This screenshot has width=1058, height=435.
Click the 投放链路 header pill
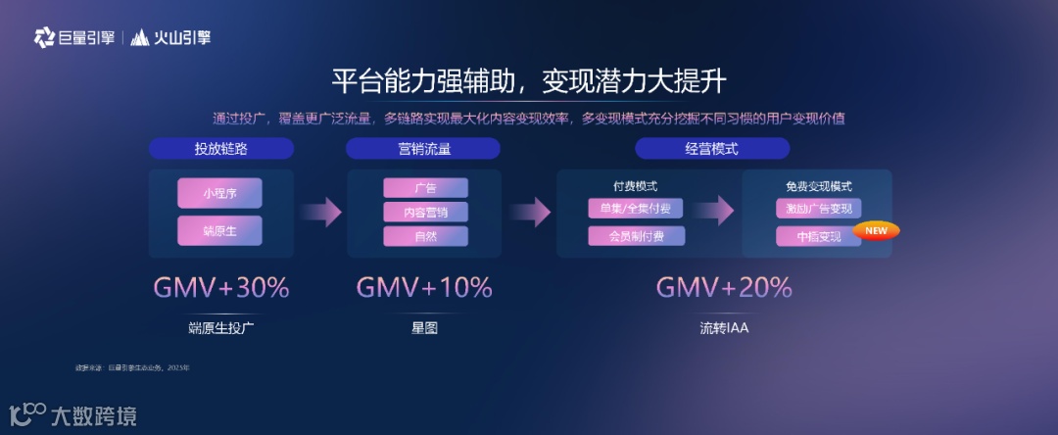pos(221,149)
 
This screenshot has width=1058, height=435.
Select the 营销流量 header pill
pos(423,149)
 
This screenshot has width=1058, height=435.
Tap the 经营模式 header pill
pos(711,149)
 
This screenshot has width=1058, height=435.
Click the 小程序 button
pos(219,193)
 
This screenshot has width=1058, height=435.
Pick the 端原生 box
pos(219,231)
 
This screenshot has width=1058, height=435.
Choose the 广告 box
pos(425,188)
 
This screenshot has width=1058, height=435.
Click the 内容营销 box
pos(425,212)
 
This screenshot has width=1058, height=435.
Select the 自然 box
pos(425,236)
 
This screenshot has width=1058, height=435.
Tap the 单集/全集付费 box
pos(636,209)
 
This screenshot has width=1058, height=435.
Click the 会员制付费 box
pos(636,236)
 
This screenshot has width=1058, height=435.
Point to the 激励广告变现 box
pos(819,209)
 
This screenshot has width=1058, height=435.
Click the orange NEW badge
pos(876,231)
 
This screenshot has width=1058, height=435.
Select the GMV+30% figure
pos(221,287)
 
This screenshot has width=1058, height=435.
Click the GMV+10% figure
pos(423,287)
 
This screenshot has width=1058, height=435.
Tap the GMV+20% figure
pos(723,287)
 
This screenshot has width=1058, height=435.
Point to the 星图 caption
pos(423,328)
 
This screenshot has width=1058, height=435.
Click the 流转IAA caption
pos(723,328)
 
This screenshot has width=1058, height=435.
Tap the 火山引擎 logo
pos(171,38)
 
